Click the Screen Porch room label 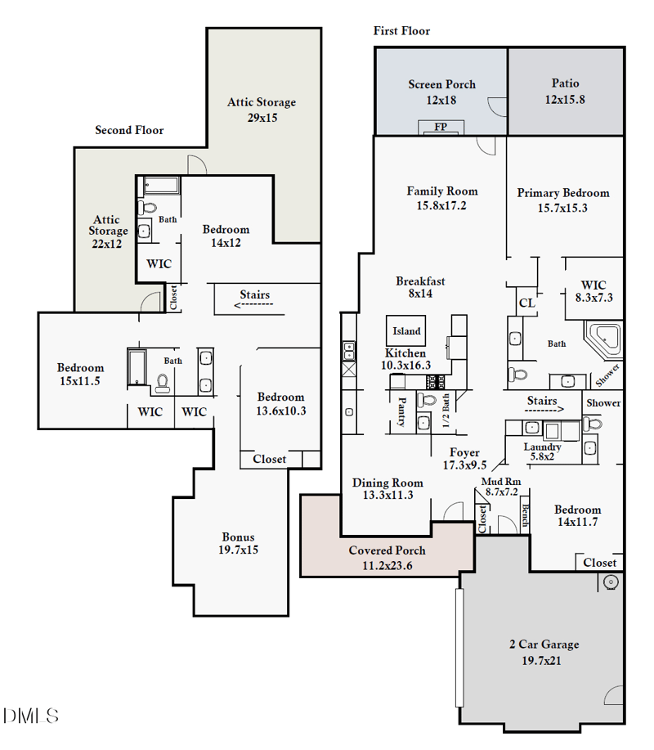pos(441,84)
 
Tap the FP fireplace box pos(441,127)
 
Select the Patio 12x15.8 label pos(565,83)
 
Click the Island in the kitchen pos(406,330)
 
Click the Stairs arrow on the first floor pos(542,402)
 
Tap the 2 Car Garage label pos(544,644)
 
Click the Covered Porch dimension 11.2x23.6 pos(387,564)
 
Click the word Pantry pos(401,413)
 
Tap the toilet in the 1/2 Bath pos(425,402)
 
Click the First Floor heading pos(401,31)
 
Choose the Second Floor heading pos(129,130)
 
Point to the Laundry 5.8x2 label pos(543,447)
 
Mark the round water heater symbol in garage pos(609,582)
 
